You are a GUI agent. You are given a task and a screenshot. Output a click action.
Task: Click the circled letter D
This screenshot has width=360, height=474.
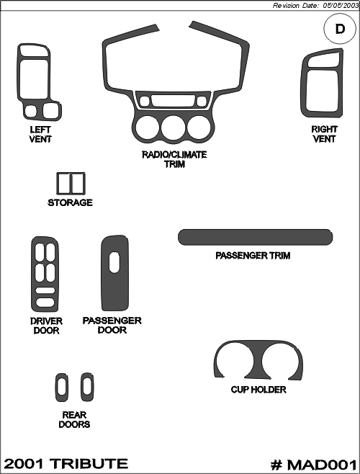coord(340,29)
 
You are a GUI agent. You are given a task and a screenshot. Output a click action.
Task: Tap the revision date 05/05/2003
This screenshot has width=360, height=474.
coord(341,6)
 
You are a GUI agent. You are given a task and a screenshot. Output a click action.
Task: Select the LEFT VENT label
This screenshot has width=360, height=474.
coord(40,135)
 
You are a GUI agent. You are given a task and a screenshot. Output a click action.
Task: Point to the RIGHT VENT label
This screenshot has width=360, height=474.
coord(324,134)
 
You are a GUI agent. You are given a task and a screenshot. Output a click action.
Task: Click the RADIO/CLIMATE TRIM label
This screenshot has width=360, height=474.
coord(175,159)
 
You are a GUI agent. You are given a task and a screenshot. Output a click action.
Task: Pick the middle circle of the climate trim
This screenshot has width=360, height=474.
coord(174,128)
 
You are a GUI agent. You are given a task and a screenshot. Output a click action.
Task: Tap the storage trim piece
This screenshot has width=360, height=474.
coord(71,184)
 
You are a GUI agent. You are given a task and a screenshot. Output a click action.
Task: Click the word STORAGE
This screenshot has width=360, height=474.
coord(70,202)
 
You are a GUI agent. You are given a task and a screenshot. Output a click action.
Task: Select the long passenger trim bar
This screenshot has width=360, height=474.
coord(256,237)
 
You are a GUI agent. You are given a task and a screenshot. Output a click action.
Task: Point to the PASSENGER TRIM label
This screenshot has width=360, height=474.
coord(253,256)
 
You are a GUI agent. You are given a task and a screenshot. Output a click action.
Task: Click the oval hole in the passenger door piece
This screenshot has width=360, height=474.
coord(114,262)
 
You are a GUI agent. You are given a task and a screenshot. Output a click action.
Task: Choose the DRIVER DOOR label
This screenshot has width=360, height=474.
coord(46,326)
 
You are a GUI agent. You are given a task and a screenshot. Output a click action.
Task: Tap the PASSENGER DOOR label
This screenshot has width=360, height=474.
coord(112,326)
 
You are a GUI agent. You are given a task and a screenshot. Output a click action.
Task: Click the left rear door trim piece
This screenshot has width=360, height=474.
coord(62,388)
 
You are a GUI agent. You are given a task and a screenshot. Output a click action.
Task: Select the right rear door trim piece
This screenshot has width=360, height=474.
coord(87,388)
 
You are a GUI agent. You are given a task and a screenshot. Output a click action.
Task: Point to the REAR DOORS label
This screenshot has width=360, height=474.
coord(74,419)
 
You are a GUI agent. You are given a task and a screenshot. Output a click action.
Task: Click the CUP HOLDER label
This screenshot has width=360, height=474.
coord(258,390)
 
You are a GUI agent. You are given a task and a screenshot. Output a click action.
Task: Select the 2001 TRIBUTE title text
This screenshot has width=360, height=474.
coord(66,464)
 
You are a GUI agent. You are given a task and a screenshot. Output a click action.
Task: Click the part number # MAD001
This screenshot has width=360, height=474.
coord(313,465)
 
